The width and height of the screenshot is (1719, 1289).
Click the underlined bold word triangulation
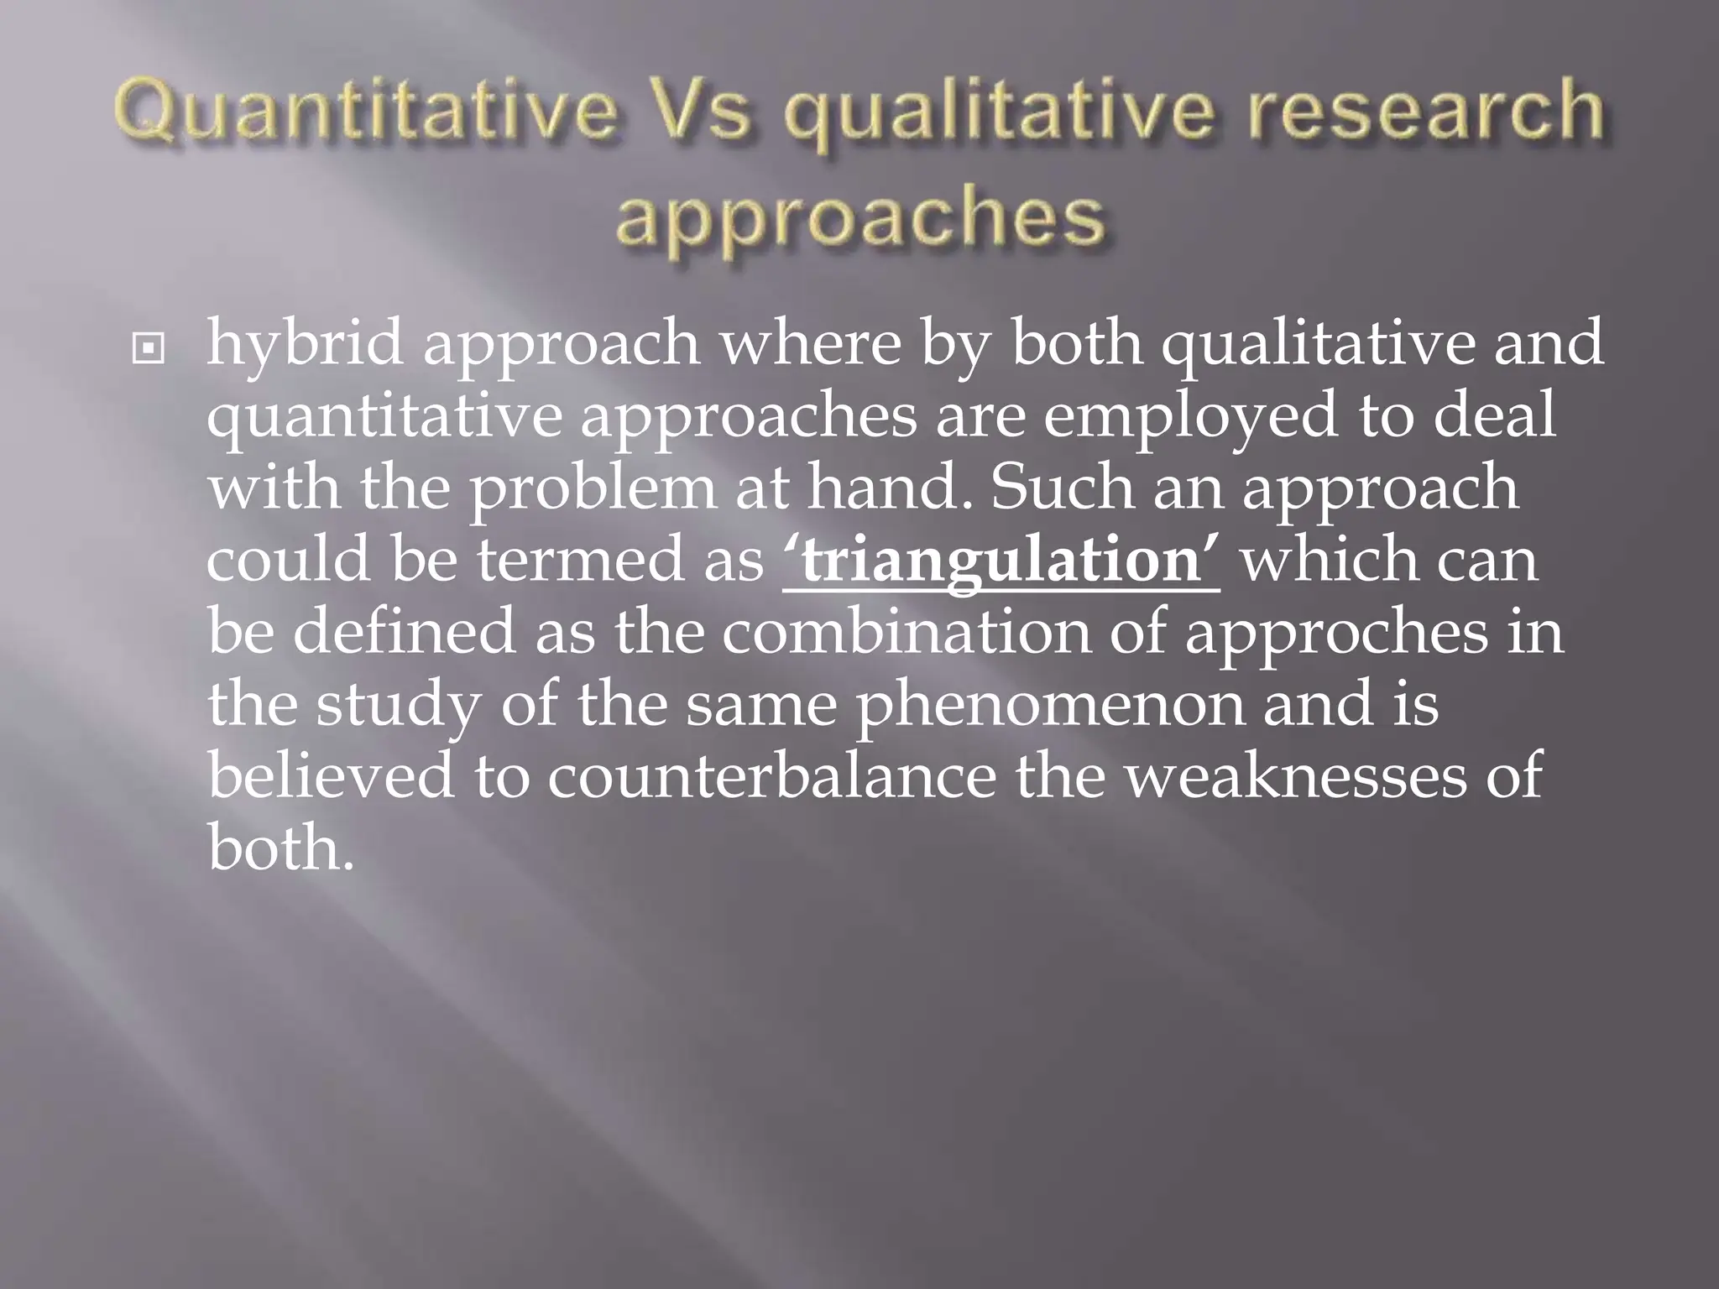1001,561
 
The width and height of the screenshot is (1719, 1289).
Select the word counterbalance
771,775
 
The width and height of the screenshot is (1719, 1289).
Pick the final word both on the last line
280,848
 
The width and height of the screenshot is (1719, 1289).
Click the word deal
1494,416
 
